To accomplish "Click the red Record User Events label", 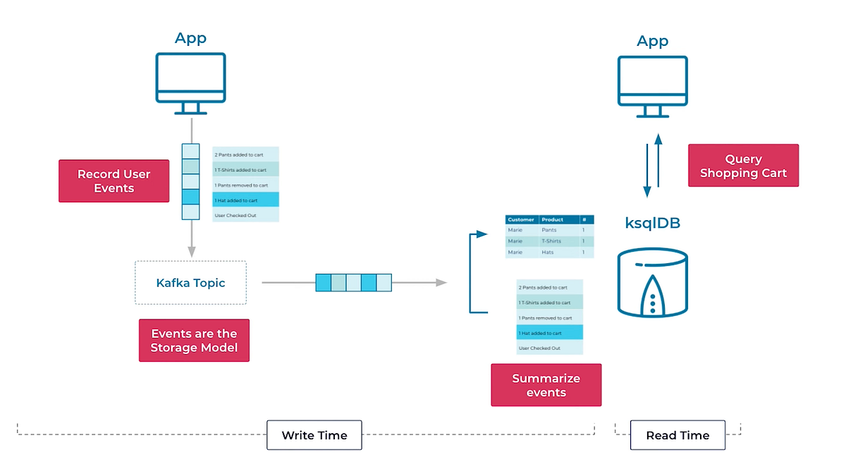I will pyautogui.click(x=114, y=181).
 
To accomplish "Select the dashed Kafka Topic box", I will pyautogui.click(x=190, y=283).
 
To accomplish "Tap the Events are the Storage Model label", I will pyautogui.click(x=194, y=340).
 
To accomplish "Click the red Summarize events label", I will pyautogui.click(x=546, y=385).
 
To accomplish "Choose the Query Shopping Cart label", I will pyautogui.click(x=743, y=166).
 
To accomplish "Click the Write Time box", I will pyautogui.click(x=314, y=435).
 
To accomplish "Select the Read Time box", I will pyautogui.click(x=678, y=435).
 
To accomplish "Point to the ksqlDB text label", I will pyautogui.click(x=652, y=223).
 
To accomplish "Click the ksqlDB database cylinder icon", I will pyautogui.click(x=653, y=282).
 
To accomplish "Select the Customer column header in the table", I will pyautogui.click(x=521, y=220).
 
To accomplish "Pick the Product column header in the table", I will pyautogui.click(x=553, y=220).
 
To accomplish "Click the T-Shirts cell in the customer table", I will pyautogui.click(x=551, y=241).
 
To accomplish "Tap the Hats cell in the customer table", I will pyautogui.click(x=548, y=252).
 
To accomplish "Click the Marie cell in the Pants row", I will pyautogui.click(x=515, y=230).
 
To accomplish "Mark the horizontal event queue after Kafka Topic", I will pyautogui.click(x=353, y=283).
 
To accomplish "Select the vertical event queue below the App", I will pyautogui.click(x=190, y=181).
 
